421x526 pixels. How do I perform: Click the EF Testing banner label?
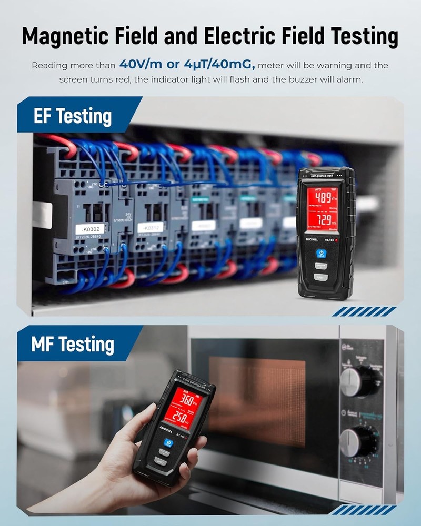pyautogui.click(x=73, y=116)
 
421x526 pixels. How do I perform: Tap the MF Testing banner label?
pyautogui.click(x=73, y=345)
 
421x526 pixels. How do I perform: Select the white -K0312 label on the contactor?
pyautogui.click(x=149, y=227)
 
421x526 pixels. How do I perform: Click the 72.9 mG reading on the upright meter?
pyautogui.click(x=323, y=218)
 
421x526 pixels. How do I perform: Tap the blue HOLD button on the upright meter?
pyautogui.click(x=321, y=254)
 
